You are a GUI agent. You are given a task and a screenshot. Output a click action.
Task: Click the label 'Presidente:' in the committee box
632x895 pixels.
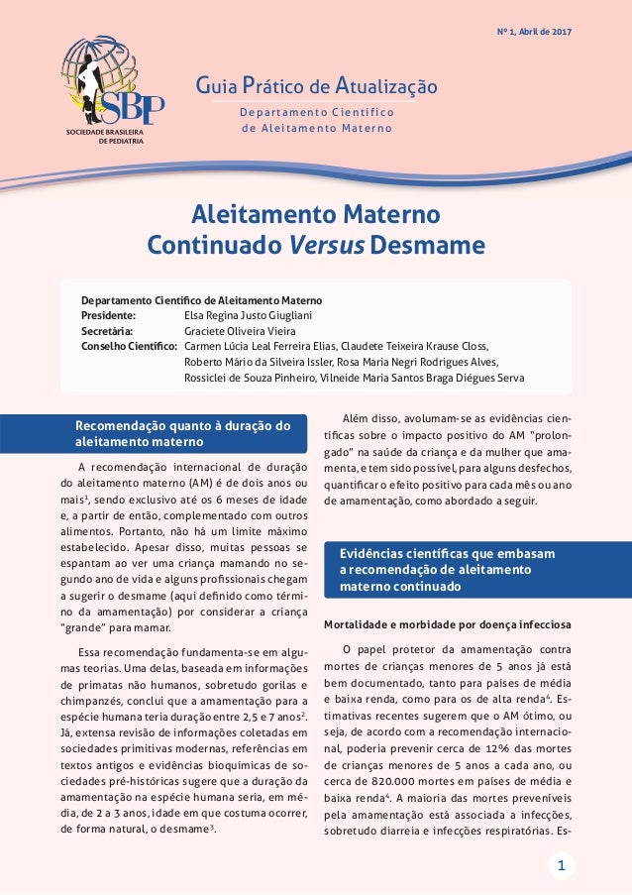click(x=108, y=315)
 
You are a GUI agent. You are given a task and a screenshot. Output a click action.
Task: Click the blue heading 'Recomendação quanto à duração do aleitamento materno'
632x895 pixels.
click(x=183, y=433)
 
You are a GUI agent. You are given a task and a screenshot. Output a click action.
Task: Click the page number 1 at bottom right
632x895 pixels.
click(x=561, y=867)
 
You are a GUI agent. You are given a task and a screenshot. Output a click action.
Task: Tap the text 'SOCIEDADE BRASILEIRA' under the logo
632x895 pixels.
click(x=105, y=131)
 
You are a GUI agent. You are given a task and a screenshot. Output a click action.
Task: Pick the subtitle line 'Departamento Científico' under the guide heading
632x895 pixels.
click(x=318, y=111)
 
